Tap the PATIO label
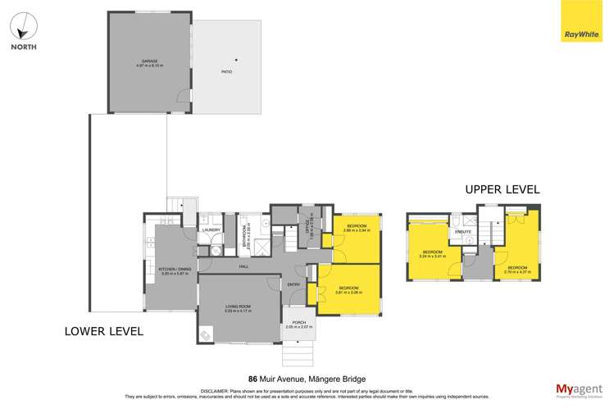225,72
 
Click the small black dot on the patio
237,58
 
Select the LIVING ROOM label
239,307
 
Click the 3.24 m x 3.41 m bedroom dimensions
433,257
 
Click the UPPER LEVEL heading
502,189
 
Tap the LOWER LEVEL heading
104,331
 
